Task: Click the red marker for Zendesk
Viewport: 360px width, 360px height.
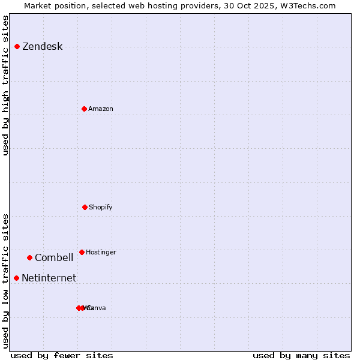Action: pos(17,46)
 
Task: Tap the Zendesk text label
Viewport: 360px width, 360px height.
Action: pos(42,47)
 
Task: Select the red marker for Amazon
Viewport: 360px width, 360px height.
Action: pos(84,109)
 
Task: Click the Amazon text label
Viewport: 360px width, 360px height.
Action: pos(101,109)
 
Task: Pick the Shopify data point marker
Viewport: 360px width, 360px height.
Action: pos(85,207)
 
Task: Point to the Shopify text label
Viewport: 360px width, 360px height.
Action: pos(101,207)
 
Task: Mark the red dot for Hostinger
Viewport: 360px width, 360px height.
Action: pos(82,252)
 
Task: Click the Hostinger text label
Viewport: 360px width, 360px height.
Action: pos(101,252)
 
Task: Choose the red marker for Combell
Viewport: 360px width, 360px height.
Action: pos(29,257)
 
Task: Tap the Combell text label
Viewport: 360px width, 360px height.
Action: pos(54,258)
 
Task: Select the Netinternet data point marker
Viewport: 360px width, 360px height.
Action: pos(16,278)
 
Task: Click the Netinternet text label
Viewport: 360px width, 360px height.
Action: pos(49,278)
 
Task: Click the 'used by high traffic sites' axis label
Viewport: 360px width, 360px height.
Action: pos(6,85)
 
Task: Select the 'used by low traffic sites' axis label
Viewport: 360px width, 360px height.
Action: pos(6,281)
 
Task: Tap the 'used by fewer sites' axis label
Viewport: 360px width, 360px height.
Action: pos(62,355)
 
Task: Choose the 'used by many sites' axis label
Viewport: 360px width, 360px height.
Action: pos(301,355)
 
